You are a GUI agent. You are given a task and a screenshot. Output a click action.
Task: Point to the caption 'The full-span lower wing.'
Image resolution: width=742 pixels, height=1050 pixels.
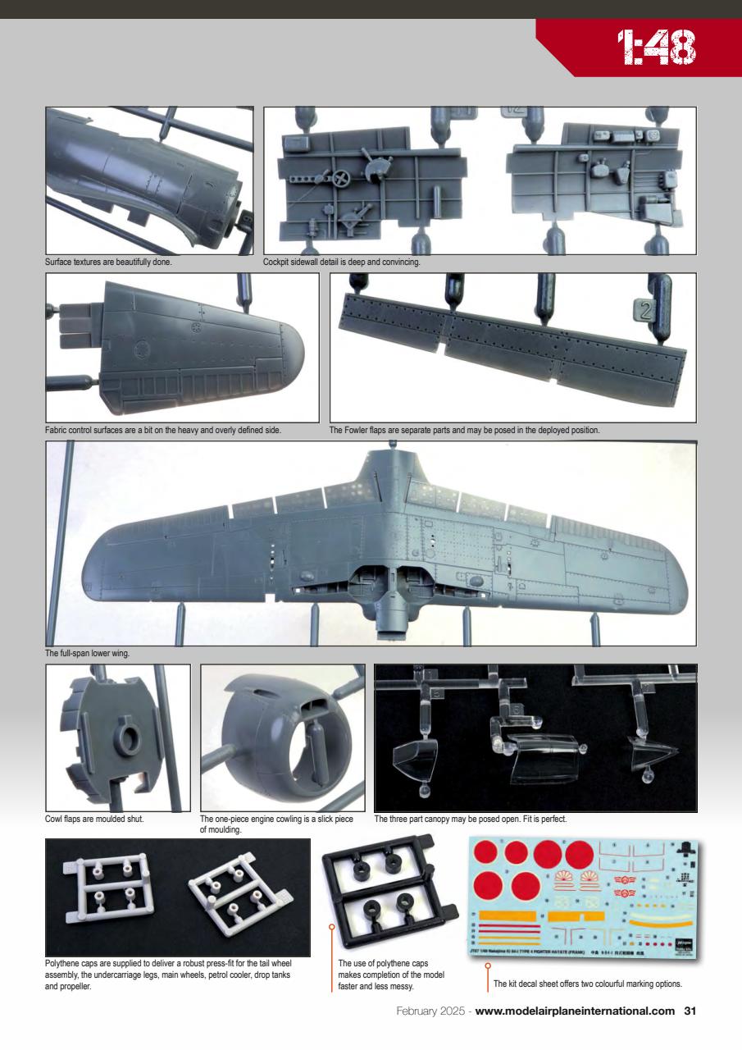pyautogui.click(x=88, y=653)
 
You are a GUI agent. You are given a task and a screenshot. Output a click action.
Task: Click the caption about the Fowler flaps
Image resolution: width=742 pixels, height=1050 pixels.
pyautogui.click(x=465, y=429)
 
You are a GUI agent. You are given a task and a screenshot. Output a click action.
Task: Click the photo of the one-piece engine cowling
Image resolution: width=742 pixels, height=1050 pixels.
pyautogui.click(x=282, y=737)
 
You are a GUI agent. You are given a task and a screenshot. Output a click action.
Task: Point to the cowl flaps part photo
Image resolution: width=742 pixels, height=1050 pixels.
pyautogui.click(x=118, y=737)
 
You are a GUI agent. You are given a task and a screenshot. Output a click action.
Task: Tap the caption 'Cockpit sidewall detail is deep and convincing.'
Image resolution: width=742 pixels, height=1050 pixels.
pyautogui.click(x=342, y=262)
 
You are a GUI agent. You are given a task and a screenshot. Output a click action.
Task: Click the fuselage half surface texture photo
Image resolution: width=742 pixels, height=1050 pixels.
pyautogui.click(x=149, y=180)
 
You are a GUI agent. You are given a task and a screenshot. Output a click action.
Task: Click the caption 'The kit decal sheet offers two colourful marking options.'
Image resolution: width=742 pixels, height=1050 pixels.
pyautogui.click(x=587, y=984)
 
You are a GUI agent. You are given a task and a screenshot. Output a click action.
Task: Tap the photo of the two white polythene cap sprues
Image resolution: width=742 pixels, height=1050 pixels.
pyautogui.click(x=178, y=897)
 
